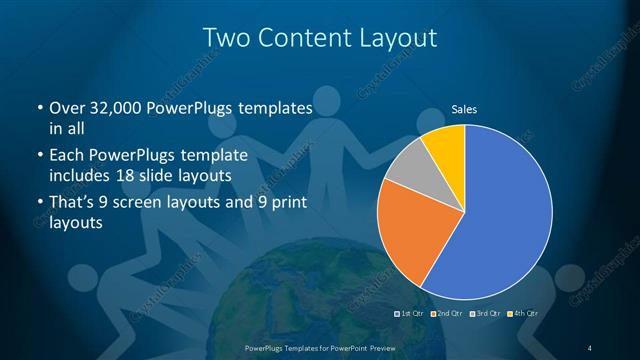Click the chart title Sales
[x=463, y=108]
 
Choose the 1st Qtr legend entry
[x=412, y=313]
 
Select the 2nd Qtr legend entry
[x=446, y=313]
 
